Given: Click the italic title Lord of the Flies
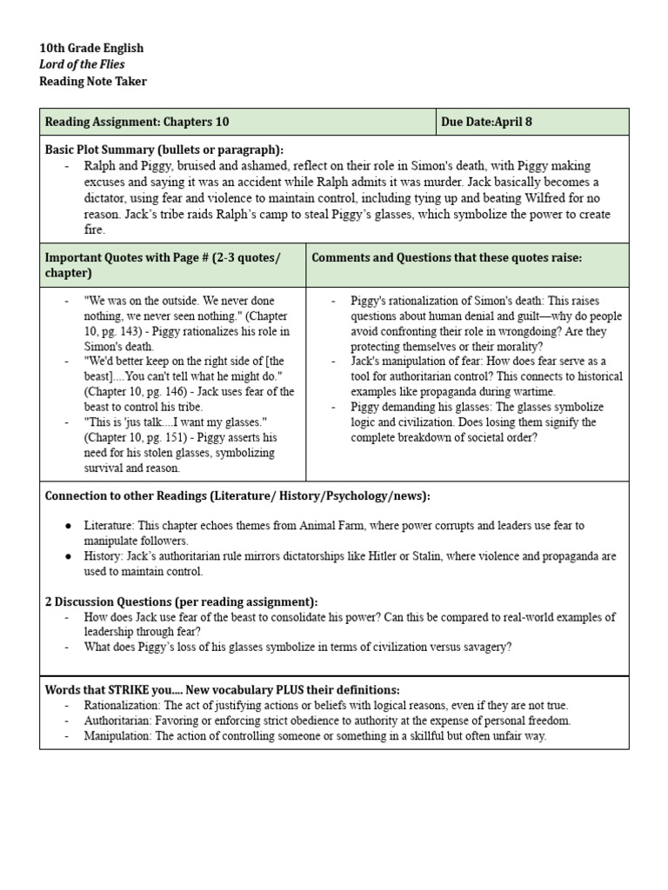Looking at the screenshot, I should [x=82, y=64].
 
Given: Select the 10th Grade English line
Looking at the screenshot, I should [x=91, y=48].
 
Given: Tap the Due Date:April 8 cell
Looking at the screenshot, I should [x=486, y=122].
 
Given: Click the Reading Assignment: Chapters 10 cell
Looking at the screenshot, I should [x=137, y=122].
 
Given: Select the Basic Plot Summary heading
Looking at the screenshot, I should [x=164, y=149].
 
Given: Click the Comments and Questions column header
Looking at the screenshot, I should [x=446, y=257].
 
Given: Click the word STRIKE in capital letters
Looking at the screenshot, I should [x=126, y=689].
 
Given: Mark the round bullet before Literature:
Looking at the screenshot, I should [x=68, y=526].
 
